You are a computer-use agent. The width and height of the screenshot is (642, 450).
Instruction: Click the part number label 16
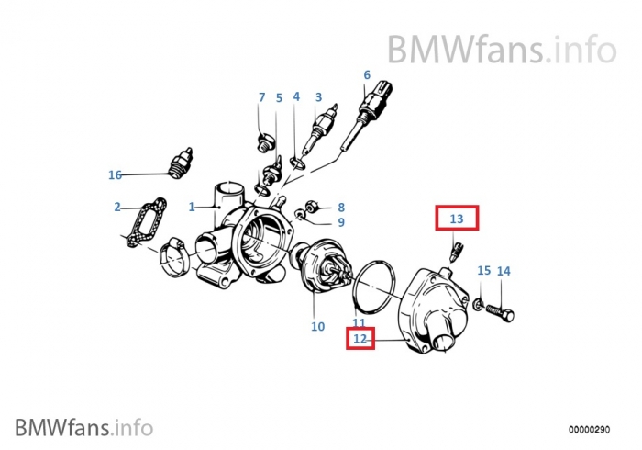pos(115,174)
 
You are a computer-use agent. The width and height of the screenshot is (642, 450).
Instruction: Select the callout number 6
pos(367,75)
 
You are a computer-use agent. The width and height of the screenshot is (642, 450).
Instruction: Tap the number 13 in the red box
pos(457,219)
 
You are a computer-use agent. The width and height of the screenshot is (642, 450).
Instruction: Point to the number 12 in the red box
pos(360,340)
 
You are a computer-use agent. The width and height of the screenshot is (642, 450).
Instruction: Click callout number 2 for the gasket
pos(117,208)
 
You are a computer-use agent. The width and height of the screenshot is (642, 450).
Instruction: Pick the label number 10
pos(317,326)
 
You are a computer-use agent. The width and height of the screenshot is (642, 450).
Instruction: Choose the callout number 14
pos(504,271)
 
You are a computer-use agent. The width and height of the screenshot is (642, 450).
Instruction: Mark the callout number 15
pos(483,271)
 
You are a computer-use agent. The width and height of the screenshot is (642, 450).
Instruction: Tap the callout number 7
pos(261,97)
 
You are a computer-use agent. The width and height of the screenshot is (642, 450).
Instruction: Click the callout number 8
pos(340,208)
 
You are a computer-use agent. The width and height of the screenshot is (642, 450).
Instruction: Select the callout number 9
pos(340,222)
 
